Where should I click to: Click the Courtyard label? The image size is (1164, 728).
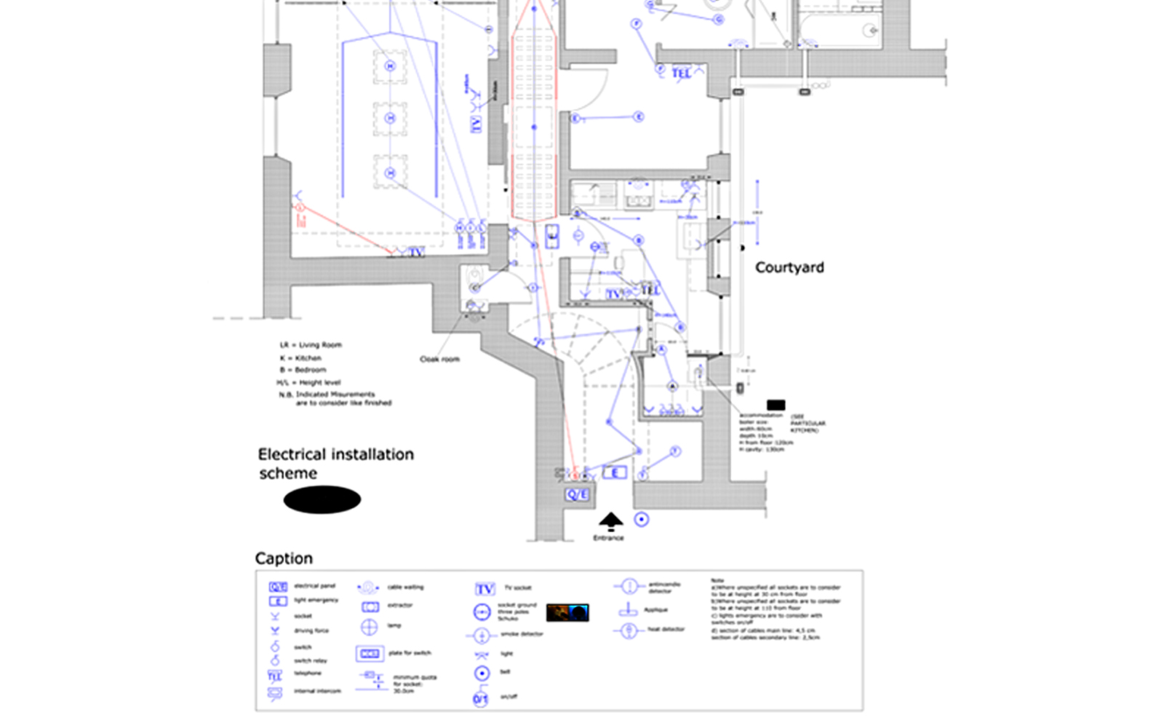coord(789,267)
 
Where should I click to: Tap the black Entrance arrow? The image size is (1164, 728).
coord(610,521)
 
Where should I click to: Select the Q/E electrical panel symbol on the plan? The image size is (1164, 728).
coord(577,495)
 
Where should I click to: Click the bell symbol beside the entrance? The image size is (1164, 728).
coord(641,519)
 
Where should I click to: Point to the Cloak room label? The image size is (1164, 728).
coord(439,359)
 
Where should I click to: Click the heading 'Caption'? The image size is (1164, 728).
coord(284,558)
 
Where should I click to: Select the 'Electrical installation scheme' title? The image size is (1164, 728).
coord(335,463)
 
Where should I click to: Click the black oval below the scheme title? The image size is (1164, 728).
coord(322,499)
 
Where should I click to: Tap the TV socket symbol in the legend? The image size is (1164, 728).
coord(485,588)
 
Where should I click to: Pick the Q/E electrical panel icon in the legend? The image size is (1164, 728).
coord(278,586)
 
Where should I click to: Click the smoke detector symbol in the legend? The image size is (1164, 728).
coord(481,636)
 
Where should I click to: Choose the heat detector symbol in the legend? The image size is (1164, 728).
coord(629,630)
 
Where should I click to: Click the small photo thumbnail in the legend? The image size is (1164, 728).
coord(567,612)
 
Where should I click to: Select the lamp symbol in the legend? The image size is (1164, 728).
coord(370,626)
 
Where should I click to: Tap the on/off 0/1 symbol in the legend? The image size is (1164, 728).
coord(481,699)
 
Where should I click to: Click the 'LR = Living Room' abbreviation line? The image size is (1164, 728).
coord(311,345)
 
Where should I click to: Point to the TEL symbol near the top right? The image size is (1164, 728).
coord(681,74)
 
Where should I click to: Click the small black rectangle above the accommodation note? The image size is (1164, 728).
coord(776,405)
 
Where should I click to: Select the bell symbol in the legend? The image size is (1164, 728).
coord(482,673)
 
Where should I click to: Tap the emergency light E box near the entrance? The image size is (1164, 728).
coord(615,473)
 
